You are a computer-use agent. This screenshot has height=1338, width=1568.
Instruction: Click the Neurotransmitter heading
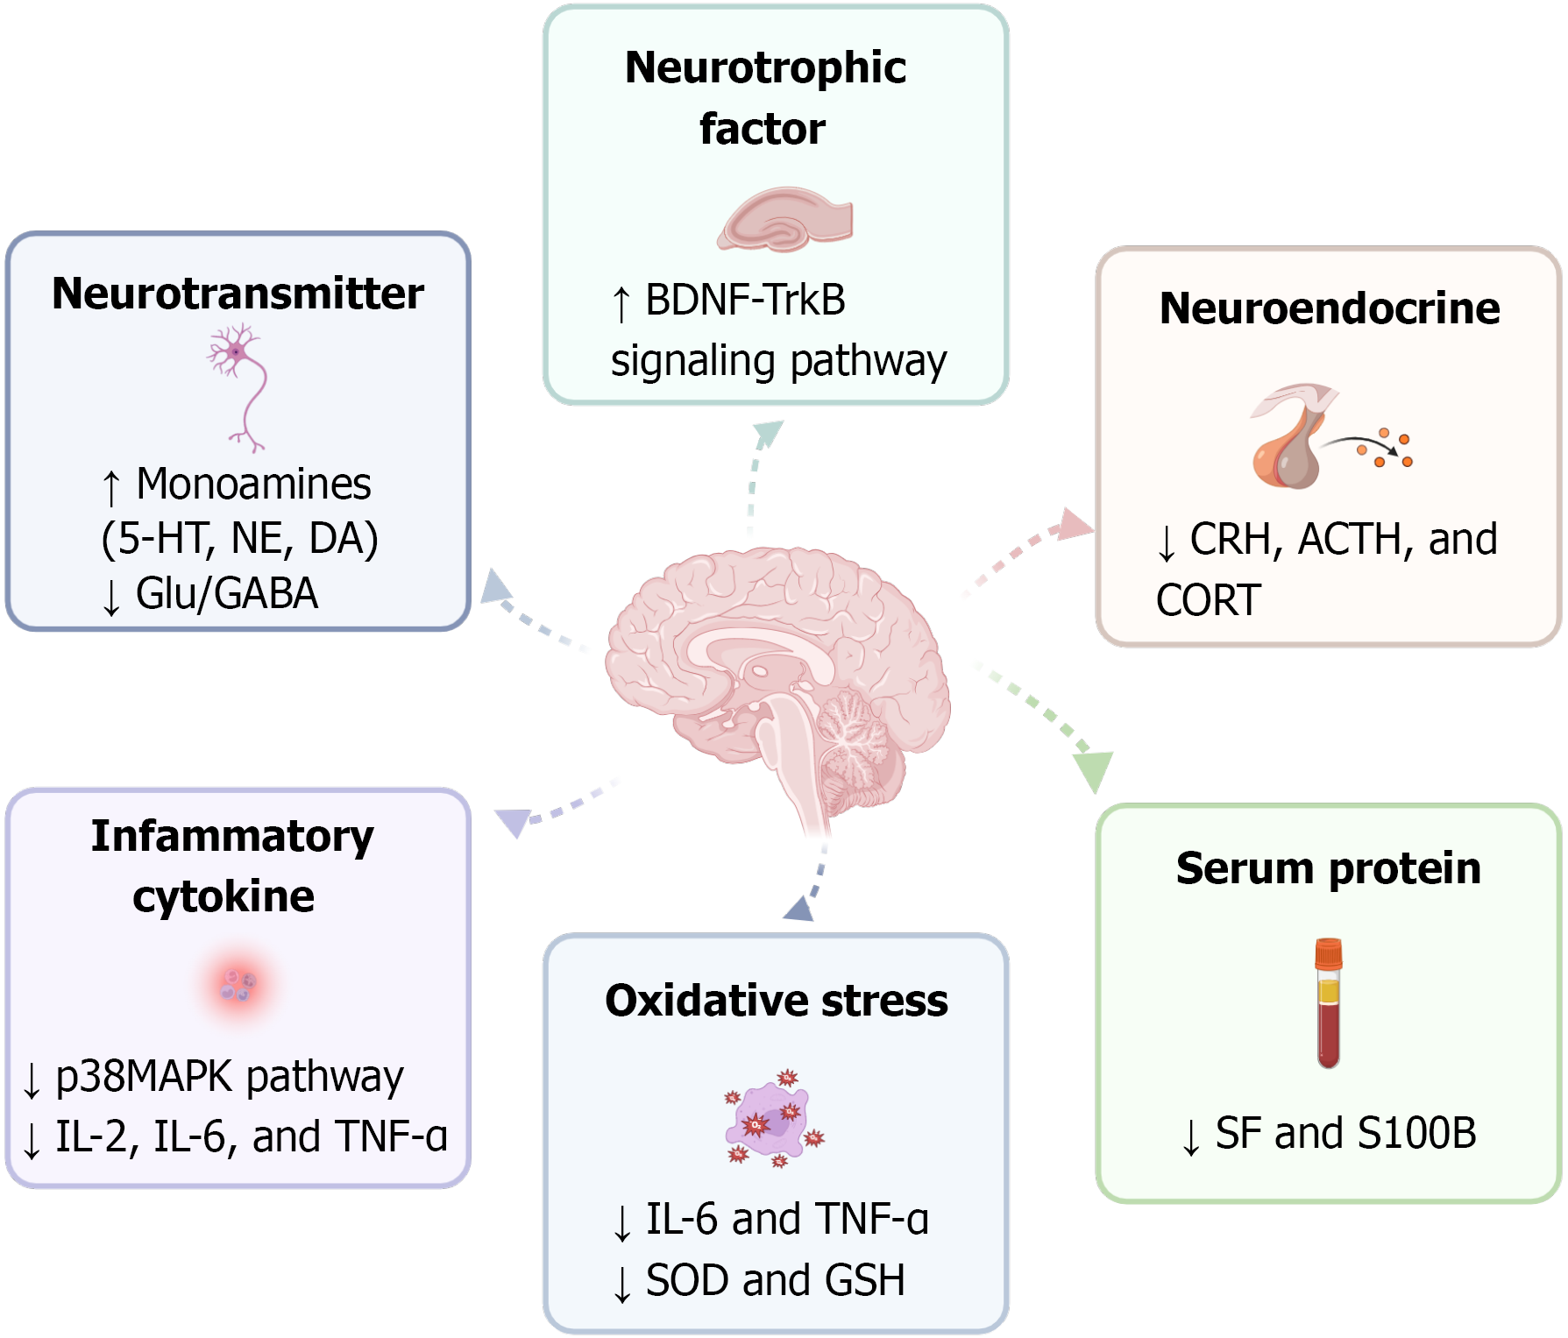point(238,294)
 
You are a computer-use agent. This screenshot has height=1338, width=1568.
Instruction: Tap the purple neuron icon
point(238,386)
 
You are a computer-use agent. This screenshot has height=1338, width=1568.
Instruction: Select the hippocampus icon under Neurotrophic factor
point(785,220)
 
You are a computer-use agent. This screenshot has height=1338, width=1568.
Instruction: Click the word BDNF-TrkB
point(745,300)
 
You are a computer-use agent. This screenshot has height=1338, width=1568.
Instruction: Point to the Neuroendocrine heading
point(1329,308)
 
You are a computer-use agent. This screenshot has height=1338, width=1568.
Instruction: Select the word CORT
point(1209,601)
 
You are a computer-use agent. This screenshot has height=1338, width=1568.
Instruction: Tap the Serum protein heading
point(1328,868)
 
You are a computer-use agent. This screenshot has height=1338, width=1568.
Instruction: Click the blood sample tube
point(1329,1003)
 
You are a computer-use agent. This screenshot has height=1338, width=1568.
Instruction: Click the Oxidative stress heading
point(777,1001)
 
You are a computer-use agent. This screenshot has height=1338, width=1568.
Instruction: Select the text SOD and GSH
point(775,1280)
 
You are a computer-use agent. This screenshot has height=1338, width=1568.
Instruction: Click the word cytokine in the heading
point(223,896)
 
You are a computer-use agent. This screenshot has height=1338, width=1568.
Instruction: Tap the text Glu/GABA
point(226,593)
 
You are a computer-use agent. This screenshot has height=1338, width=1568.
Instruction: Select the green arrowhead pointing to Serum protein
point(1093,769)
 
